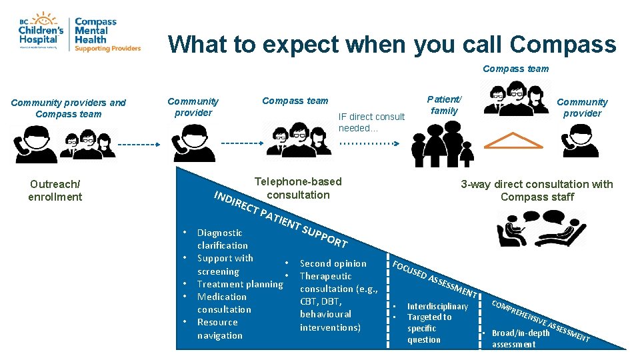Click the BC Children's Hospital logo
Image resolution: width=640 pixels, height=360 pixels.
(x=41, y=30)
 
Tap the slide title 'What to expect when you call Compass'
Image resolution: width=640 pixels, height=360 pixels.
(x=392, y=44)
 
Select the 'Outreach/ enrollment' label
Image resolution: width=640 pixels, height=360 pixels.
(x=55, y=190)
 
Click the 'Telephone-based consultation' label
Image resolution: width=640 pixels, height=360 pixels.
(x=298, y=188)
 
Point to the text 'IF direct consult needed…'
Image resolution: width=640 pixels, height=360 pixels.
(x=371, y=122)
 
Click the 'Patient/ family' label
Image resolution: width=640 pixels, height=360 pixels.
(x=445, y=105)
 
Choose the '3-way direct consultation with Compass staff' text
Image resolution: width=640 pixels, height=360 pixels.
(x=536, y=190)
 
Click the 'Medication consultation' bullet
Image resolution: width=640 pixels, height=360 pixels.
(x=224, y=303)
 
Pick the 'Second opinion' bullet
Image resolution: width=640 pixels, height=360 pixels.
(x=333, y=263)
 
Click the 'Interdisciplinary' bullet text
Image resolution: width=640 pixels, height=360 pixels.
(x=437, y=307)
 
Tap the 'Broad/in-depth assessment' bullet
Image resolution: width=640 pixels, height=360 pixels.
(x=520, y=339)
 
